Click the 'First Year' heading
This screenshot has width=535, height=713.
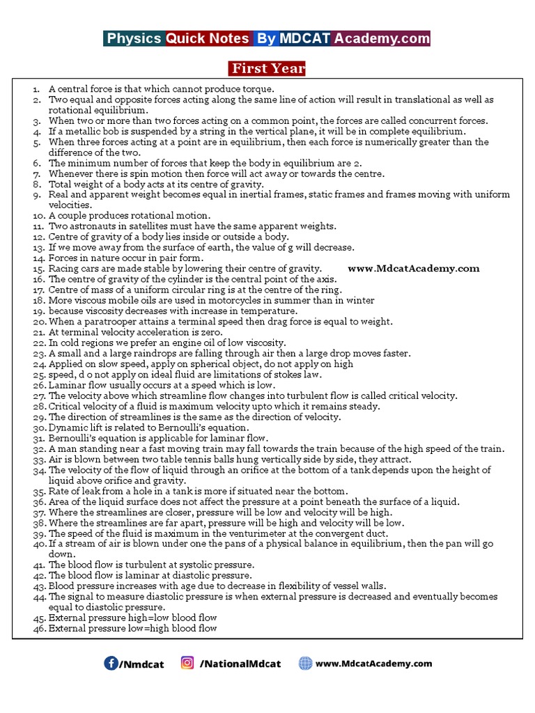point(267,68)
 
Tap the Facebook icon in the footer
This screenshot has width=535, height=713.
point(111,663)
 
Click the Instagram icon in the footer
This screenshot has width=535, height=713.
point(187,663)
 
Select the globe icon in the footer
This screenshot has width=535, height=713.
point(305,663)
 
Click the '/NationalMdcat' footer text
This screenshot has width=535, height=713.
point(240,664)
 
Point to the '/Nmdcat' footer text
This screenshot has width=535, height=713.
point(141,664)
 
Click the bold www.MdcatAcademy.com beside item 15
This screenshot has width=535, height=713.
point(414,268)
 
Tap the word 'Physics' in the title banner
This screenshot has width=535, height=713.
point(134,38)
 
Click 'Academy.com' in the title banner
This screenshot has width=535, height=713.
point(382,38)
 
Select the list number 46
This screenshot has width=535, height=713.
point(38,629)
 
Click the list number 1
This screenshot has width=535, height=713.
point(40,89)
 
